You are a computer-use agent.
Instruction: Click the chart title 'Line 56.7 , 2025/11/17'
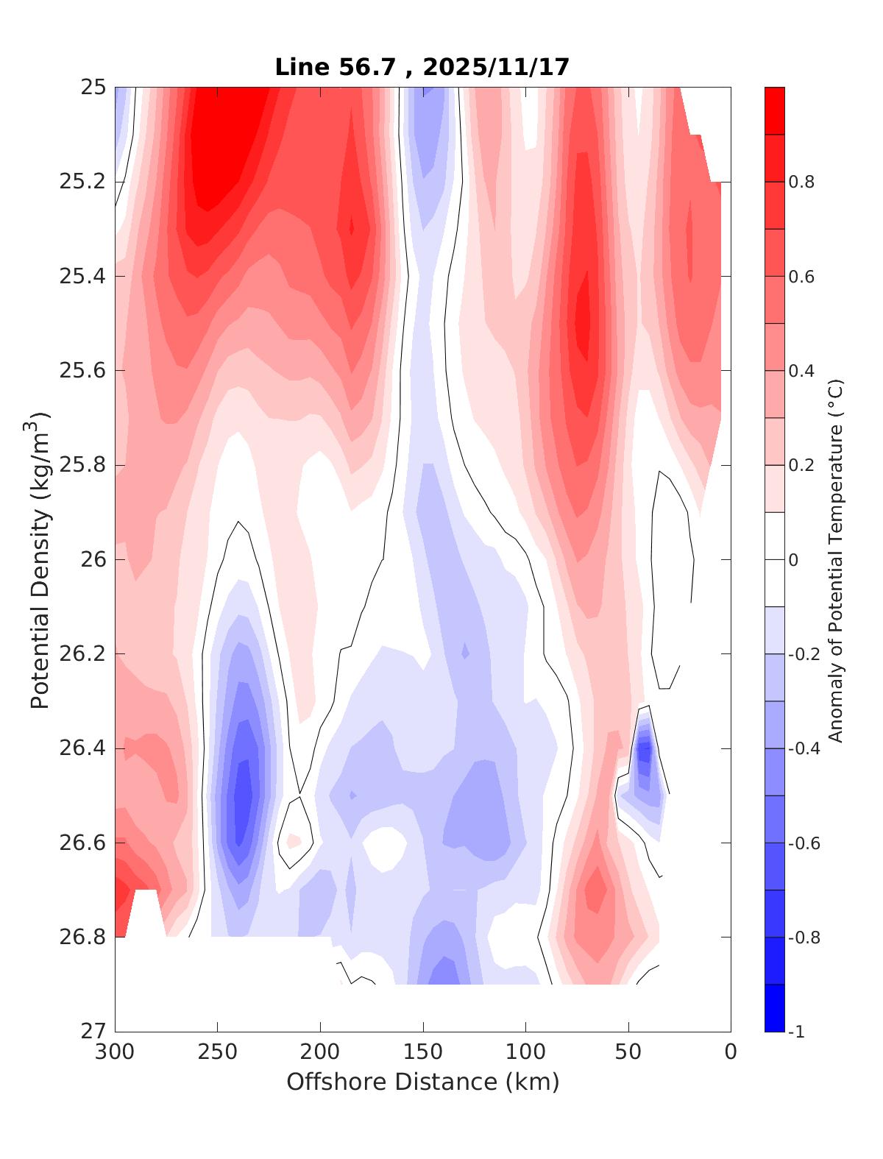[x=422, y=68]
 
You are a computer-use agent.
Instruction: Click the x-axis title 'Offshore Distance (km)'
[x=422, y=1082]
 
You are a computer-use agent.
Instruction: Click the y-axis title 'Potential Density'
[x=40, y=559]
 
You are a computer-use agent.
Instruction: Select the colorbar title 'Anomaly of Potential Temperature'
[x=835, y=559]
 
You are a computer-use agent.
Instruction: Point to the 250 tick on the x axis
[x=218, y=1052]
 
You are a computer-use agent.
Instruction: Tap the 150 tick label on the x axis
[x=423, y=1052]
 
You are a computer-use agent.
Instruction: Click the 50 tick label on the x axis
[x=628, y=1052]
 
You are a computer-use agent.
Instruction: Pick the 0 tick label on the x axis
[x=731, y=1052]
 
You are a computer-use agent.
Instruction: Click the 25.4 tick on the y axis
[x=82, y=277]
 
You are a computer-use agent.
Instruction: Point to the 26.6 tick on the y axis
[x=82, y=843]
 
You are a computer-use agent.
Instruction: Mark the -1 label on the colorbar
[x=797, y=1032]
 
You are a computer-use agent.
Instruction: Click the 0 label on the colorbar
[x=793, y=560]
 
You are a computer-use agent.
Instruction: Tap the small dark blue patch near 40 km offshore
[x=645, y=752]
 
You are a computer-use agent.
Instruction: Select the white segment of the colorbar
[x=775, y=559]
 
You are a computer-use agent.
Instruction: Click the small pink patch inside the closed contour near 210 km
[x=294, y=840]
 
